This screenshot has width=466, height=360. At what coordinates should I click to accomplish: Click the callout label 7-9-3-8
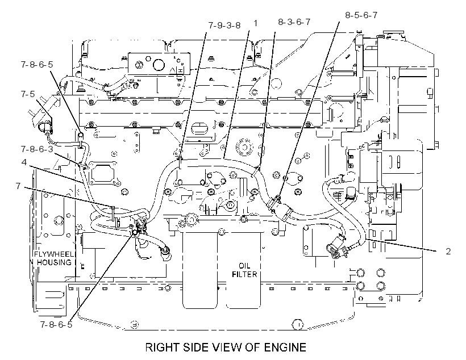coord(224,25)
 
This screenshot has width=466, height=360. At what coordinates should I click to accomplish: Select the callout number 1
coord(255,23)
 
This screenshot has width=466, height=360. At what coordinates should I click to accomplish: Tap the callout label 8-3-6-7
coord(294,22)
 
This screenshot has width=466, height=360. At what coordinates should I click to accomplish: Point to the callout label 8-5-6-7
coord(361,15)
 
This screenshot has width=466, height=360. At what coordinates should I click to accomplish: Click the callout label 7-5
coord(28,94)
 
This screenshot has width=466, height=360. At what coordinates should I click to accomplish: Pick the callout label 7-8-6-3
coord(37,149)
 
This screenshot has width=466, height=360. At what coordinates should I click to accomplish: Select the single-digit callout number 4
coord(24,162)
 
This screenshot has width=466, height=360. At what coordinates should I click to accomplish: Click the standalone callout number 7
coord(18,186)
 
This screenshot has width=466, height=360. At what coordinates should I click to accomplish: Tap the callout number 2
coord(448,252)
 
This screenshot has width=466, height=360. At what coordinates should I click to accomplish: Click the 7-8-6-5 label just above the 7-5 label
coord(37,65)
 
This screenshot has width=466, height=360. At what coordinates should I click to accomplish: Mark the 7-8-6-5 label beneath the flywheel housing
coord(56,324)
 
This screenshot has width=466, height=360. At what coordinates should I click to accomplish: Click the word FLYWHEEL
coord(53,254)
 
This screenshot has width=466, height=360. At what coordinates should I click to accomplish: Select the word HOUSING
coord(54,262)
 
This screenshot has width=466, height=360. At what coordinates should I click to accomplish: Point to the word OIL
coord(244,266)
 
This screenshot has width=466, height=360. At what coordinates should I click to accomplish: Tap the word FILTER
coord(244,274)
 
